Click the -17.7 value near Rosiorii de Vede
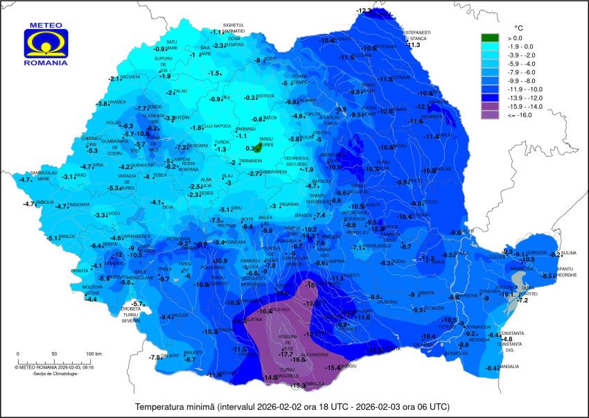(285, 354)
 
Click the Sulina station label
(568, 254)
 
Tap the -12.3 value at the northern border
(364, 10)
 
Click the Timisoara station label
(78, 205)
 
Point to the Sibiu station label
(238, 208)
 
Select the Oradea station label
(117, 103)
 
